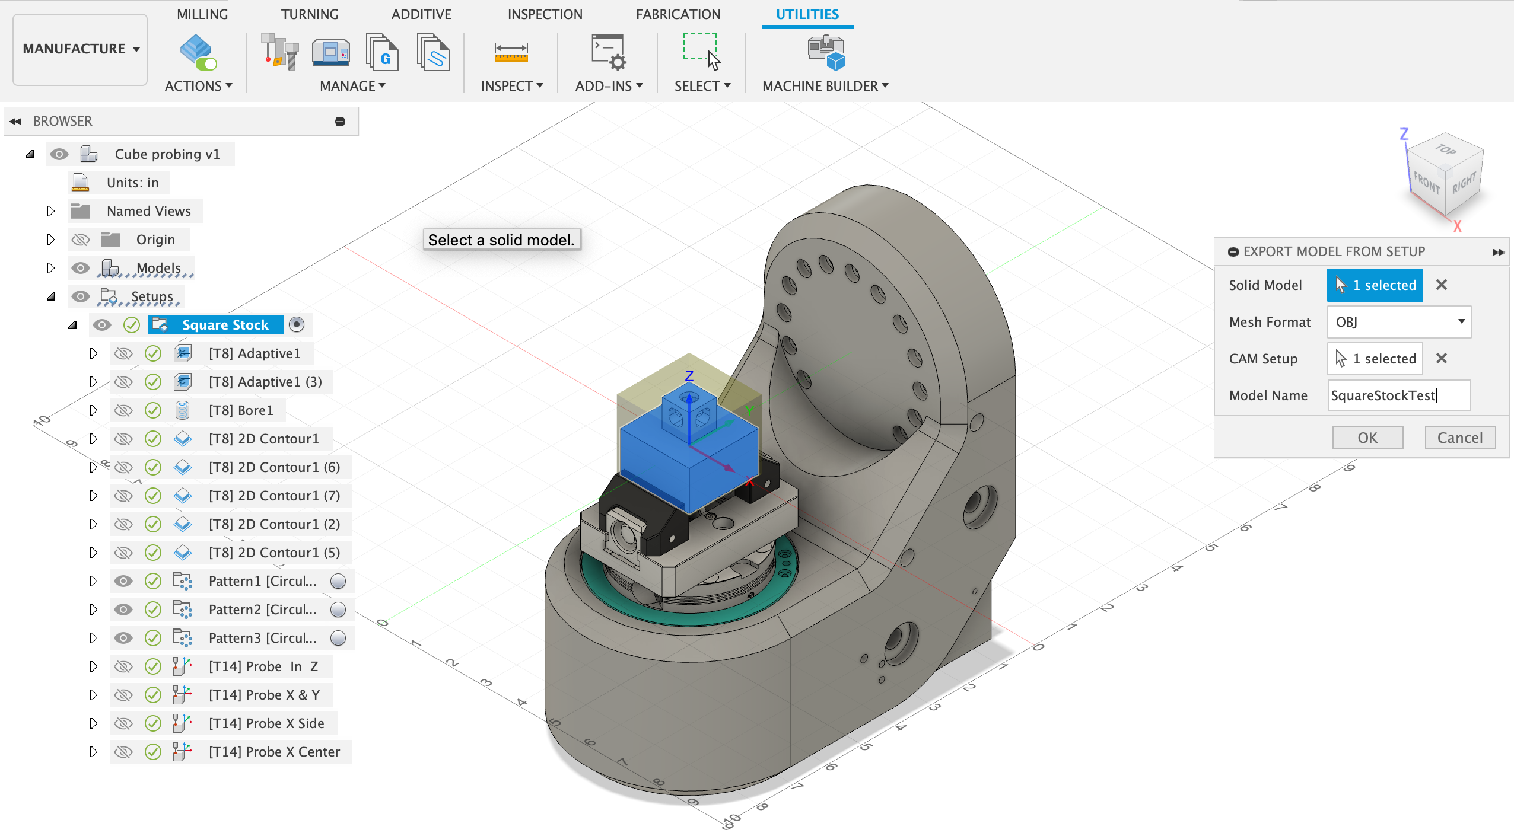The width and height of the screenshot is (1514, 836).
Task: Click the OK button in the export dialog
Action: (x=1367, y=438)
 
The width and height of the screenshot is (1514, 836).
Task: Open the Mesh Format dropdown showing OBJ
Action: (x=1399, y=322)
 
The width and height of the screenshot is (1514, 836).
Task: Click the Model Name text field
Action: (x=1399, y=395)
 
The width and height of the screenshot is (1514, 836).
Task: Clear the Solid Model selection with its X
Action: (x=1442, y=285)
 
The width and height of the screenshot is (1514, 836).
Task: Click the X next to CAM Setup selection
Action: (x=1442, y=359)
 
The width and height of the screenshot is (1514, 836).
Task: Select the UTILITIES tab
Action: (x=807, y=14)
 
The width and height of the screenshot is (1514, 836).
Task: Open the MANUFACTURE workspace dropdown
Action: (x=81, y=49)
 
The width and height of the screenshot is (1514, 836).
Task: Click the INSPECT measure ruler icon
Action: (x=511, y=52)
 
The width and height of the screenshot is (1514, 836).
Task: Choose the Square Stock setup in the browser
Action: (x=225, y=325)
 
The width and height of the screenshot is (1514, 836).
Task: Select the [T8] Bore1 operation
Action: (x=241, y=410)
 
